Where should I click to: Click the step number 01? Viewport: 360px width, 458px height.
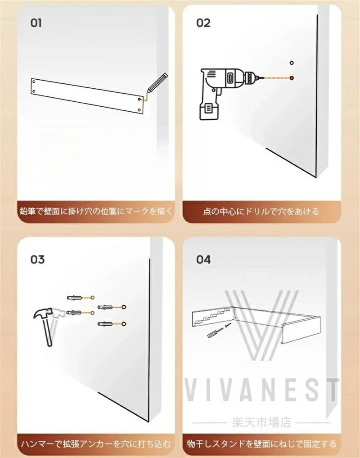point(36,23)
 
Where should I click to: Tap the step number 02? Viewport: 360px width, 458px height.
point(203,23)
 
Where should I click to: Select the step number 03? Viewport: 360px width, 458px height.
point(37,259)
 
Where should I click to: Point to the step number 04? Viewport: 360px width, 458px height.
point(203,259)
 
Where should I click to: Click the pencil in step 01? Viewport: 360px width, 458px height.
point(157,83)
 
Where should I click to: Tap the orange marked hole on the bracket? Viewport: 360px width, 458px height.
point(139,100)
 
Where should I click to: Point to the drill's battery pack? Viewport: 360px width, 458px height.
point(208,110)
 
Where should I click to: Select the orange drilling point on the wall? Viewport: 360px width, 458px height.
point(292,78)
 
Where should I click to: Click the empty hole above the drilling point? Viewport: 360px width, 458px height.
point(292,63)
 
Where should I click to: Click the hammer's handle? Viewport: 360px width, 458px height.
point(48,331)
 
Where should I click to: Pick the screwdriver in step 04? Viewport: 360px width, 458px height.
point(215,332)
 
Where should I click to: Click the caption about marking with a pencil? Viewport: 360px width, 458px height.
point(96,211)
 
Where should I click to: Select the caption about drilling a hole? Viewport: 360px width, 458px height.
point(261,211)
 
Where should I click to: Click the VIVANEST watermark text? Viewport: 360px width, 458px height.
point(261,390)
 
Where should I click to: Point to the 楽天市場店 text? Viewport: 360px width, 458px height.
point(261,422)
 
